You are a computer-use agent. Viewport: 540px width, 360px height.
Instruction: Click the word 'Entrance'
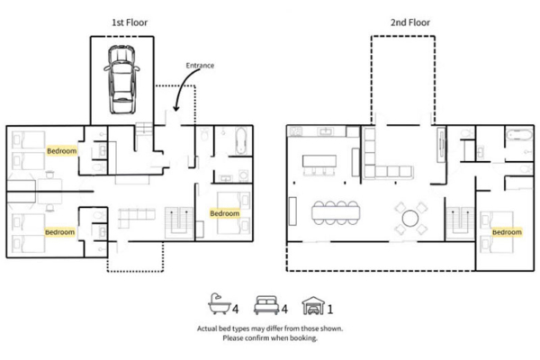click(200, 66)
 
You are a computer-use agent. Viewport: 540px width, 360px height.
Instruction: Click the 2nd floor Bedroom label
click(507, 231)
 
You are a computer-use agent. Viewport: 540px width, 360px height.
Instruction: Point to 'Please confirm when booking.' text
click(269, 339)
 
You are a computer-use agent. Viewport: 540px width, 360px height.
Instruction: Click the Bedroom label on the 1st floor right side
click(224, 213)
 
